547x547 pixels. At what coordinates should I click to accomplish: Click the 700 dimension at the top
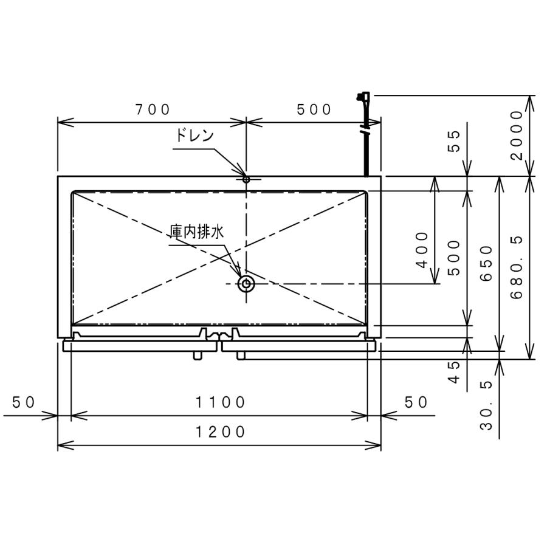coord(153,109)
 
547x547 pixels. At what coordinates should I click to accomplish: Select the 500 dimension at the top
coord(314,109)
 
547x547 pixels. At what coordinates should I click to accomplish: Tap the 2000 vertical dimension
coord(517,135)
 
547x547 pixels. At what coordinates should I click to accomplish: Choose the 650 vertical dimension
coord(486,263)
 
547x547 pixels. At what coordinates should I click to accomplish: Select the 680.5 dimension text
coord(517,267)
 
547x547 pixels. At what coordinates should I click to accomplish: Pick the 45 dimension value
coord(453,371)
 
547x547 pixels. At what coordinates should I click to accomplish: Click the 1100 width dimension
coord(220,402)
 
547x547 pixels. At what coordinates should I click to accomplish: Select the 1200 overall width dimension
coord(220,432)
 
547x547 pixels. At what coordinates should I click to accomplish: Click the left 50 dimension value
coord(24,402)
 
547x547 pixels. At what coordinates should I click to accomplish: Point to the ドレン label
coord(194,136)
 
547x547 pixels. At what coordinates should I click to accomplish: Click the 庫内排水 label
coord(197,232)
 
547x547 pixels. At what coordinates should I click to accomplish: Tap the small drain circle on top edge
coord(246,179)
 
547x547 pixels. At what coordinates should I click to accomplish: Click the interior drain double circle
coord(246,283)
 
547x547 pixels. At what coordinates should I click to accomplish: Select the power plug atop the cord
coord(363,97)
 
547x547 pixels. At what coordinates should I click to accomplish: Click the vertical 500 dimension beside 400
coord(453,258)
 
